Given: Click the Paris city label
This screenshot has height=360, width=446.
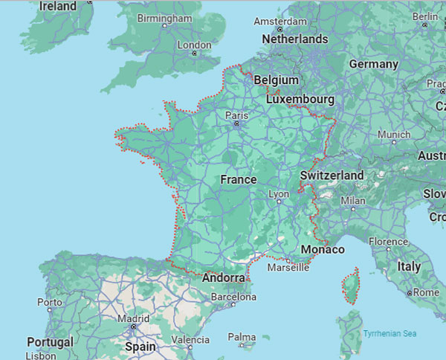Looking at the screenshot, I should (x=236, y=115).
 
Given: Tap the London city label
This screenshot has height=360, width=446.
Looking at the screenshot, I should (x=195, y=45).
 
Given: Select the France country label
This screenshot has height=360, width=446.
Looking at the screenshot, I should (x=239, y=179).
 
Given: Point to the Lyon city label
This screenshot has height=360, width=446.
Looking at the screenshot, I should (x=279, y=193).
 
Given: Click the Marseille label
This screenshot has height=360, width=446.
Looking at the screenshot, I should (x=288, y=267).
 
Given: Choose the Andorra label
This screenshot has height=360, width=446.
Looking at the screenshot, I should (x=224, y=277).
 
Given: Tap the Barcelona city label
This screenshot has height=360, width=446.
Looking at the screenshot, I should (x=233, y=297).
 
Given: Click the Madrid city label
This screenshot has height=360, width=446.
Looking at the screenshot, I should (x=133, y=318).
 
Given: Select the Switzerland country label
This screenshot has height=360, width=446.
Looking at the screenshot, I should (x=332, y=176).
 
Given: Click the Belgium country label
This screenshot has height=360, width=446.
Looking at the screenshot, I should (x=276, y=80).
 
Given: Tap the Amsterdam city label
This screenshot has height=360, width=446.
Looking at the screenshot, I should (x=279, y=22).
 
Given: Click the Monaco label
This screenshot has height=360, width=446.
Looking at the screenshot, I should (x=323, y=249).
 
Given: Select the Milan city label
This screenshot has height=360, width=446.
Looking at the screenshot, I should (x=352, y=201).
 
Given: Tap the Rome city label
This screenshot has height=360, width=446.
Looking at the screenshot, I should (x=426, y=292).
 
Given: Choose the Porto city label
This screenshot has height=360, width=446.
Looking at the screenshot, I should (x=50, y=302).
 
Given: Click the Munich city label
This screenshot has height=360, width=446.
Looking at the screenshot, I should (x=394, y=135).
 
